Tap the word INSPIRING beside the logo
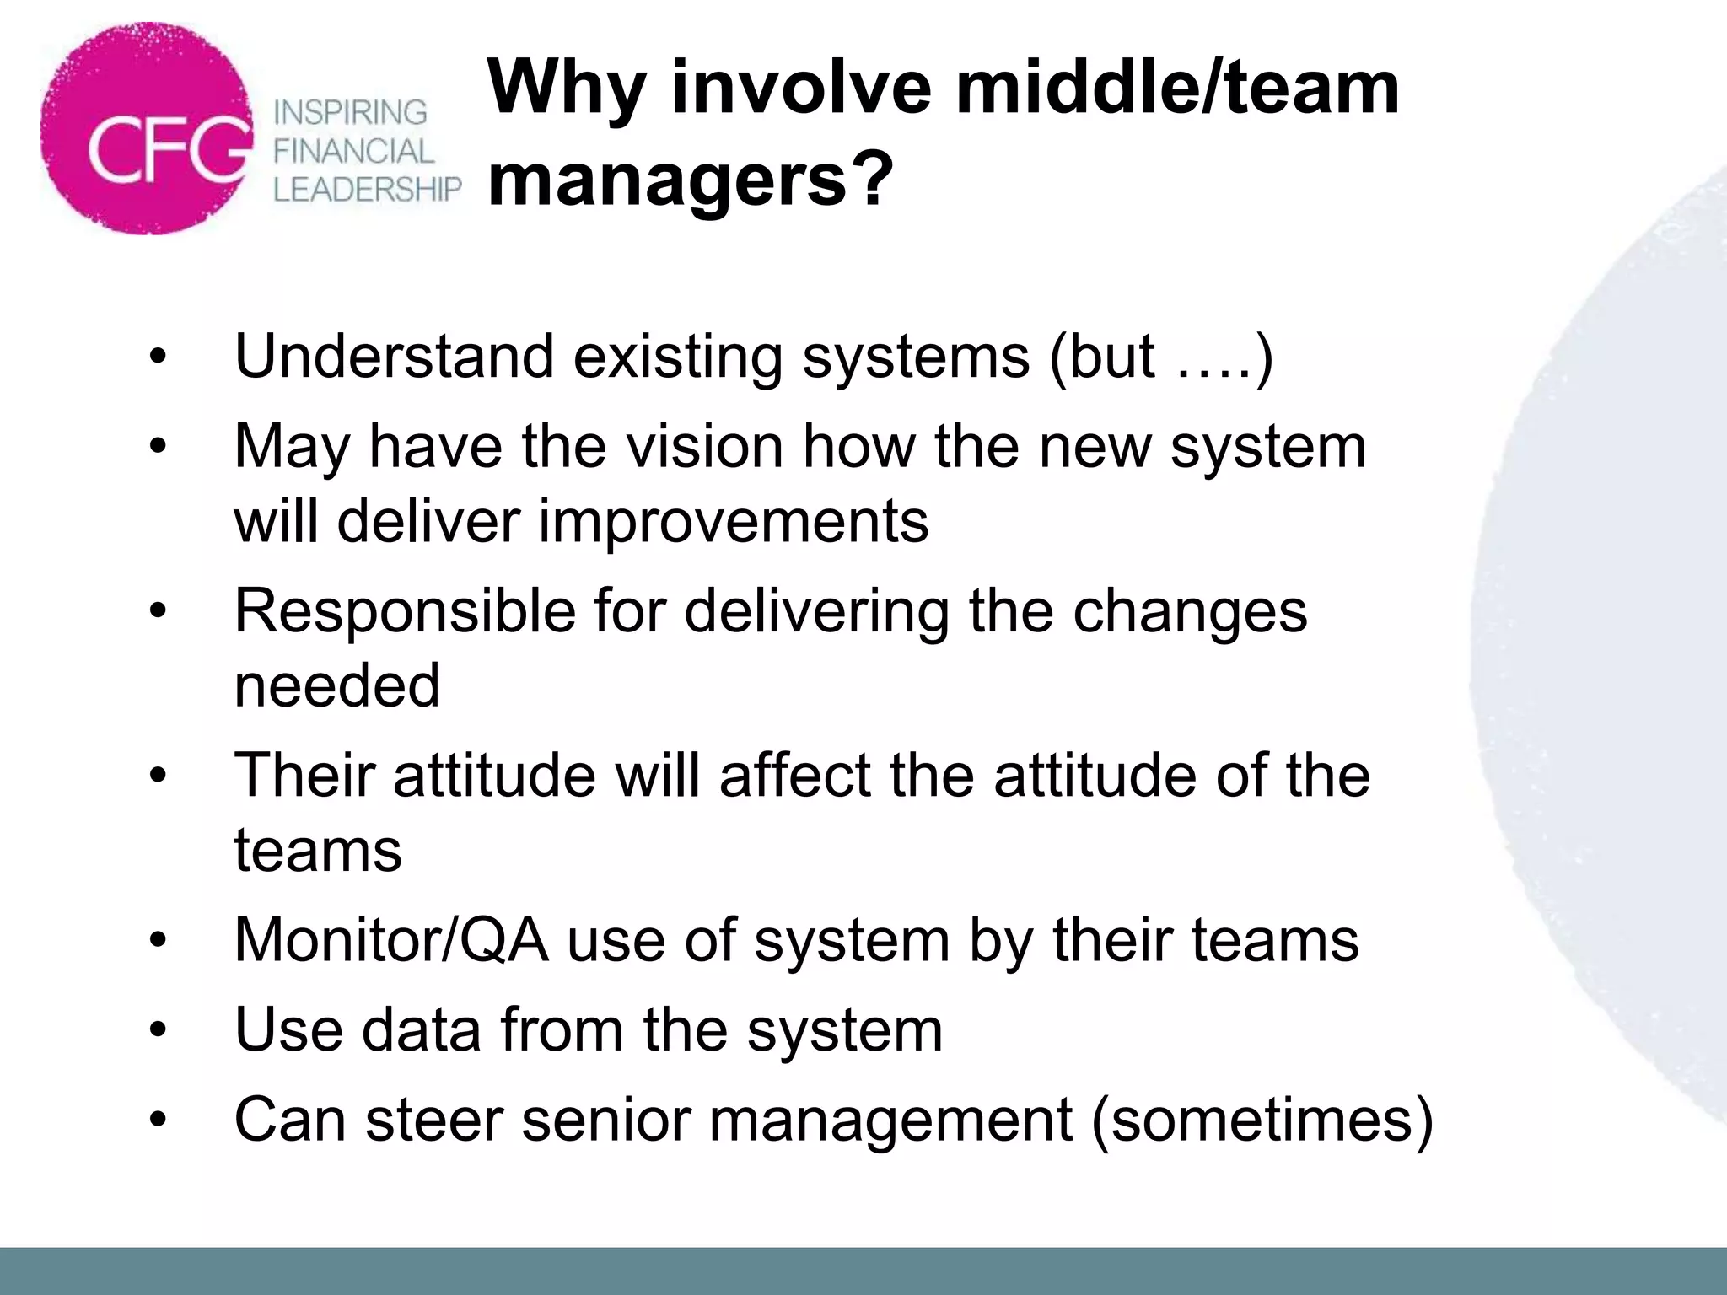click(x=351, y=112)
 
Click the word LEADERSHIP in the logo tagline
click(x=368, y=190)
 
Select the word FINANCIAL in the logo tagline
click(x=353, y=152)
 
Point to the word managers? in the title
click(x=690, y=180)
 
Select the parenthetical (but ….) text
click(x=1161, y=357)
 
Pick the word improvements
click(x=734, y=521)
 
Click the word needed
click(x=337, y=685)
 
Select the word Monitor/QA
click(x=391, y=940)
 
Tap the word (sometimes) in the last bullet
click(x=1262, y=1120)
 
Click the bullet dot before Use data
click(x=158, y=1030)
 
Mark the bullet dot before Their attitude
click(x=158, y=776)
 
